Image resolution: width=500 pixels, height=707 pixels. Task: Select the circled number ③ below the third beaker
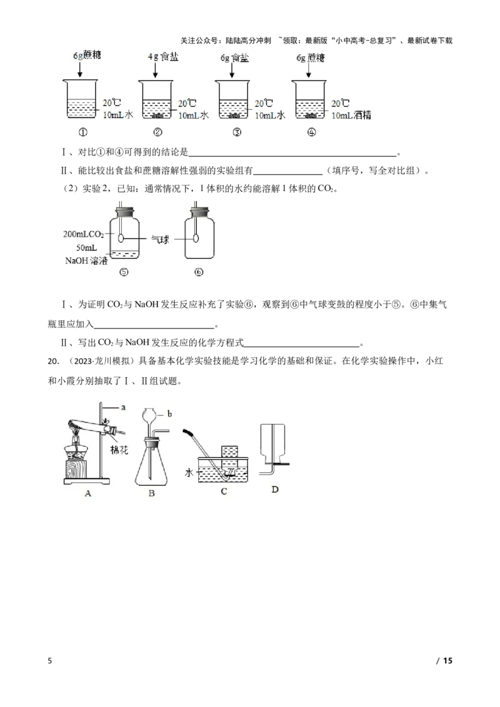click(236, 132)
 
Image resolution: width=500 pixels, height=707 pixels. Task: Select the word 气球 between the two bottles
click(159, 238)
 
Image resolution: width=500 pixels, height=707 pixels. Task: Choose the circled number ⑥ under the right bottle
click(199, 273)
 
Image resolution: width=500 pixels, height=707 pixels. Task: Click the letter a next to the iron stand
click(123, 407)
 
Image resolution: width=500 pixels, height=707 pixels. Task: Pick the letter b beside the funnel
click(169, 414)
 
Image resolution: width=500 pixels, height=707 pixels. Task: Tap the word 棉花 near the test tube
click(119, 450)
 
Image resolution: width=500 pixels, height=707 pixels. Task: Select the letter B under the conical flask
click(151, 495)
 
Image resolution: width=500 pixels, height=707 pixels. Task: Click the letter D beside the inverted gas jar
click(275, 489)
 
